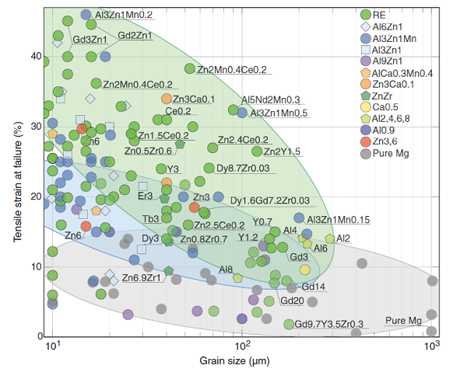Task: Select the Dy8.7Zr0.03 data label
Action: (x=243, y=168)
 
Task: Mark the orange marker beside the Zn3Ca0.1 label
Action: (x=167, y=99)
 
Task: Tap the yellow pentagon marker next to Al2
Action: (x=330, y=238)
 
